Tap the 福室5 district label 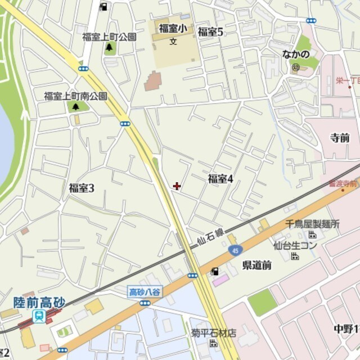[211, 31]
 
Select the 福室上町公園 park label [109, 37]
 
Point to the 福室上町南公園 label [75, 96]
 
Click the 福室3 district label [81, 188]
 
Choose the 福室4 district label [220, 179]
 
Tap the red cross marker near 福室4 [177, 186]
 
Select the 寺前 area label [340, 138]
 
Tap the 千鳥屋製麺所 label [313, 224]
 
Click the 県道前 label [256, 265]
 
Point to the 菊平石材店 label [213, 332]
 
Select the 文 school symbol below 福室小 [173, 40]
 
